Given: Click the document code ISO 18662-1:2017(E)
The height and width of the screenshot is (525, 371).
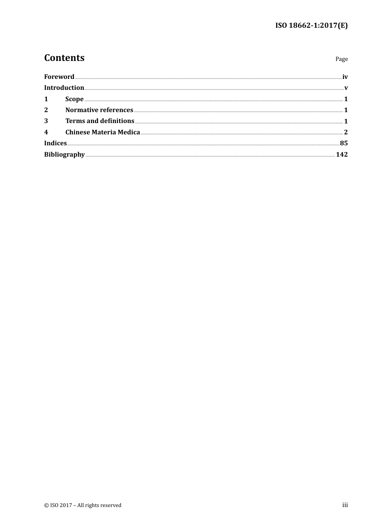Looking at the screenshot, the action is pos(311,26).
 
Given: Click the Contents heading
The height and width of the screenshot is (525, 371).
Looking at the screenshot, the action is pos(64,58).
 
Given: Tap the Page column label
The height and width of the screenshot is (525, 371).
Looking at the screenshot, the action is pos(341,59).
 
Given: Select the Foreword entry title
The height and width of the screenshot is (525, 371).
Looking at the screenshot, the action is pos(59,77).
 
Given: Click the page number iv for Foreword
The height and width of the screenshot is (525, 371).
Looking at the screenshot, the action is pos(345,77).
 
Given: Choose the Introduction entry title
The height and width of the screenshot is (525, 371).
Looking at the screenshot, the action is pos(64,87).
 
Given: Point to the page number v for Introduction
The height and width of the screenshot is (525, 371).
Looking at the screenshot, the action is pos(346,88).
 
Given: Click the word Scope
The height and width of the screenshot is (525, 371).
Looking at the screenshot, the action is pos(74,99).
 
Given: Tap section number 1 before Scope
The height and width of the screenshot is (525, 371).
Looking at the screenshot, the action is pos(46,99).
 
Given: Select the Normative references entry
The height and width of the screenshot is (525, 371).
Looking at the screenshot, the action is pos(99,110).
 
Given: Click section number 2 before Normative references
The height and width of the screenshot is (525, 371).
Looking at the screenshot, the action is pos(46,110).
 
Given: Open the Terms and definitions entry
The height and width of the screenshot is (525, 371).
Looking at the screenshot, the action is pos(100,121).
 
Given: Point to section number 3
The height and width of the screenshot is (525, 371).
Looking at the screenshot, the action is pos(46,121).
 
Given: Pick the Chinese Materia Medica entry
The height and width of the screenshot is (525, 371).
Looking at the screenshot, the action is pos(103,132).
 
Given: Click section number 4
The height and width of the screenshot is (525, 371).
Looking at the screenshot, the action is pos(46,132).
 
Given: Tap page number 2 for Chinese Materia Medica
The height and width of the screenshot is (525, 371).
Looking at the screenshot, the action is pos(346,132).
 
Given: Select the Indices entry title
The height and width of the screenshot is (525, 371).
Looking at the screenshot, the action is pos(55,143).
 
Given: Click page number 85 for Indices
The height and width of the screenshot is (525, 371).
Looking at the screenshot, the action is pos(344,143).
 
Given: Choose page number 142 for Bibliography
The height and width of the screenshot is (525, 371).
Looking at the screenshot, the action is pos(342,154).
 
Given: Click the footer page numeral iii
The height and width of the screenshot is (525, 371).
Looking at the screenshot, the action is pos(345,505).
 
